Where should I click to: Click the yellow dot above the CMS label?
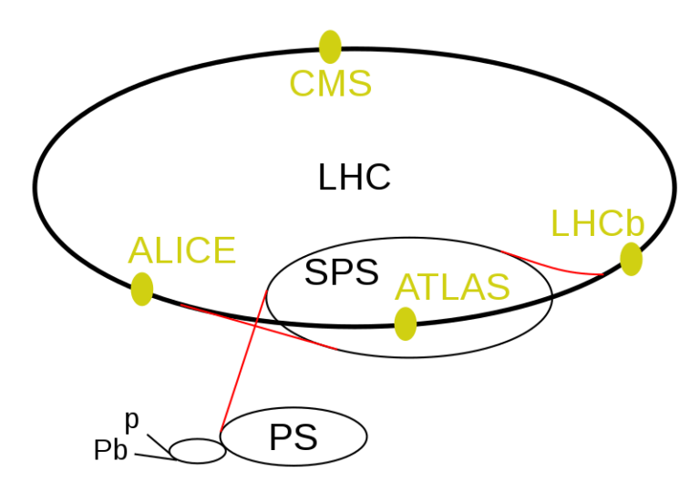[330, 46]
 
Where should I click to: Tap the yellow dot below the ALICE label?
[142, 290]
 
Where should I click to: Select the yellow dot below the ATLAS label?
[406, 323]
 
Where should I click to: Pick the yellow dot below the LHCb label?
[632, 259]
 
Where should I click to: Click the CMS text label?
[330, 84]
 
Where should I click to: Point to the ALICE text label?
[181, 251]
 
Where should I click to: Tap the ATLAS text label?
[452, 287]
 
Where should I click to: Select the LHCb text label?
[598, 223]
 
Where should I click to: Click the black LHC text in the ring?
[355, 178]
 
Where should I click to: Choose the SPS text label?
[342, 272]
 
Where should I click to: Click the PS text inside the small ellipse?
[293, 437]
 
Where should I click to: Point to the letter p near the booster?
[132, 421]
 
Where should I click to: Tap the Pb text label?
[110, 450]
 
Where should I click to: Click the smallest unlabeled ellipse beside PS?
[198, 451]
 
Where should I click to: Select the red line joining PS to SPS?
[243, 362]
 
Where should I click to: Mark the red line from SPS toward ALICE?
[258, 326]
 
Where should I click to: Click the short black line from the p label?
[159, 444]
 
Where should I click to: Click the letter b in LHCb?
[635, 223]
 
